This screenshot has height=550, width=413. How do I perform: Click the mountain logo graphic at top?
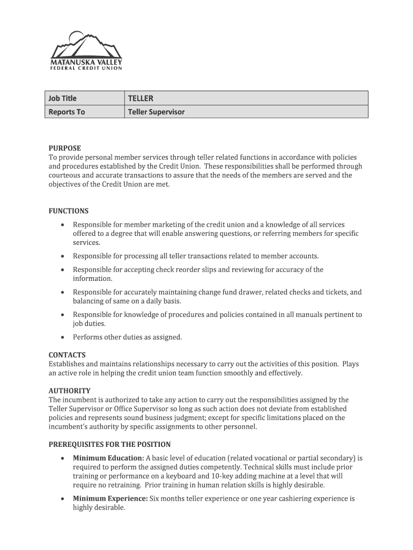pos(86,46)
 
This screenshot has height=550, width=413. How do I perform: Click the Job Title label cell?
pos(63,98)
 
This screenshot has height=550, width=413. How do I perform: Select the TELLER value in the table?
pos(141,98)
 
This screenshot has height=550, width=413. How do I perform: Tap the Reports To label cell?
pos(67,112)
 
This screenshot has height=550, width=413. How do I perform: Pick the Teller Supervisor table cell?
pos(156,112)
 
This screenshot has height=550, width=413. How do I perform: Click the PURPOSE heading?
pos(65,148)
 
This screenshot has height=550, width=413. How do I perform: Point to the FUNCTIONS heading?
pos(69,211)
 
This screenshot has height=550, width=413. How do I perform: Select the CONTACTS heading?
pos(67,355)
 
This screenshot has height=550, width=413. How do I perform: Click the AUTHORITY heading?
pos(70,390)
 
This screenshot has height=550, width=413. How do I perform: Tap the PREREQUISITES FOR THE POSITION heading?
pos(110,445)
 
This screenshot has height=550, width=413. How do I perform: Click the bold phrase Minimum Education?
pos(109,458)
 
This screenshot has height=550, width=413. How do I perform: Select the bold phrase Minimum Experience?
pos(110,498)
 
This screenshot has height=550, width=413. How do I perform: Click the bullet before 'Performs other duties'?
pos(63,337)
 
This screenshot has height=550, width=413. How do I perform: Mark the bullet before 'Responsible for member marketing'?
pos(63,225)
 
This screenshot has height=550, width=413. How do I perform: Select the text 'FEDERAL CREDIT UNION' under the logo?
pos(86,68)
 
